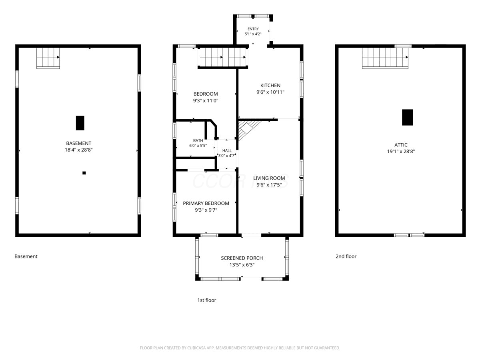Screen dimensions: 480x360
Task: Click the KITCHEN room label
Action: coord(270,85)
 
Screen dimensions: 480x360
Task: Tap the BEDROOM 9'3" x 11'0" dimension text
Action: coord(206,101)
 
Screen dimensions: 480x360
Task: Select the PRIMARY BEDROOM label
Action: coord(206,203)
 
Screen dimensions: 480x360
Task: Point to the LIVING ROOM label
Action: coord(269,178)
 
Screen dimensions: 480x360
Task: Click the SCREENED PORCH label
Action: coord(242,258)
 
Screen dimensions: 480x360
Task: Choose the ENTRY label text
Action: coord(253,29)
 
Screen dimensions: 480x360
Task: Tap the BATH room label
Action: coord(198,140)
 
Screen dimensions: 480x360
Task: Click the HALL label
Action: coord(227,151)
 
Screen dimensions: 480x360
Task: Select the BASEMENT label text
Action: coord(78,143)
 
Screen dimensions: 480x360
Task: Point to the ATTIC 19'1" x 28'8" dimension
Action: coord(401,151)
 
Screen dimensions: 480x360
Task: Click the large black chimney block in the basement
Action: coord(80,123)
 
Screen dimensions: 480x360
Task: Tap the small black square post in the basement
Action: coord(84,173)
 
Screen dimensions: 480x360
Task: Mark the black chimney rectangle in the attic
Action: coord(407,117)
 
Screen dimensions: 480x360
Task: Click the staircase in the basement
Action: coord(48,58)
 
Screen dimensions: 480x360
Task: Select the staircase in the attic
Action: coord(385,58)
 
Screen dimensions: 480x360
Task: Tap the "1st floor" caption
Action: coord(207,300)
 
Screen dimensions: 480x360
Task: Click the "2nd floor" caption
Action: coord(346,256)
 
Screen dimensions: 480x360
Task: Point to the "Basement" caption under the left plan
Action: coord(26,256)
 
